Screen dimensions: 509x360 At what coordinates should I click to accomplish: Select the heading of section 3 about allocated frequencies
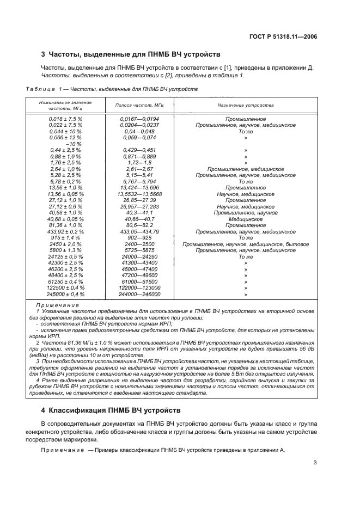tap(131, 54)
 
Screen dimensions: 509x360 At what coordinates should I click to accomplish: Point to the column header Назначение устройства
tap(246, 106)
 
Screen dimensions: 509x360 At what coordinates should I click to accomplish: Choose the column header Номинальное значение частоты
tap(65, 106)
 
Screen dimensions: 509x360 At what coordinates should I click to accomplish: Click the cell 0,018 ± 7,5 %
tap(65, 119)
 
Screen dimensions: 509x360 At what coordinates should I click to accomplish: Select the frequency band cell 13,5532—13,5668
tap(139, 194)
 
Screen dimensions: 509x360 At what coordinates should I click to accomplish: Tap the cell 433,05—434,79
tap(139, 231)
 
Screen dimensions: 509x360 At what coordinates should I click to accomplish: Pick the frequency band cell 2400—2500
tap(139, 244)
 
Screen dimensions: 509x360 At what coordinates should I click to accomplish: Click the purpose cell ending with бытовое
tap(246, 244)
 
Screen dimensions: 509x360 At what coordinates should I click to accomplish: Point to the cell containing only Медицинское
tap(246, 219)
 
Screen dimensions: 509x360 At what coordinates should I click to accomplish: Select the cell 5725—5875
tap(139, 250)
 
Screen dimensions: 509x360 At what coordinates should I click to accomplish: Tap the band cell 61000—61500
tap(139, 281)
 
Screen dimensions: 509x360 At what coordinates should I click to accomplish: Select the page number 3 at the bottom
tap(315, 464)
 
